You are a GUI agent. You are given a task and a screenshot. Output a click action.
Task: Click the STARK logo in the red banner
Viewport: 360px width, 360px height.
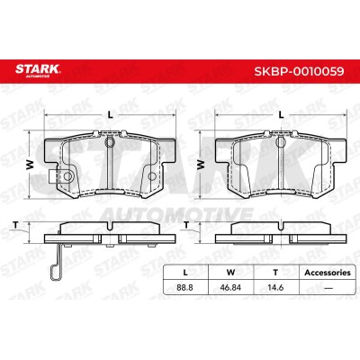pyautogui.click(x=38, y=71)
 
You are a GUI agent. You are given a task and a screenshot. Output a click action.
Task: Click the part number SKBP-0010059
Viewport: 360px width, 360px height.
pyautogui.click(x=299, y=71)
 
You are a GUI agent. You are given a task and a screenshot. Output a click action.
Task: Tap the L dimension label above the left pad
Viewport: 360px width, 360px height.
pyautogui.click(x=111, y=114)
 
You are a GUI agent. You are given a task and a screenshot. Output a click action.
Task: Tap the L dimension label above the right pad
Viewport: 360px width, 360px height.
pyautogui.click(x=281, y=114)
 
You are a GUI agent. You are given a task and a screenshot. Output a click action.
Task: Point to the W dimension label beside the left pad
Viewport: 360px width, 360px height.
pyautogui.click(x=30, y=165)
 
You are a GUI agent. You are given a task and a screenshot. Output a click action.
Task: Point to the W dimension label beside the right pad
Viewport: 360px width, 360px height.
pyautogui.click(x=201, y=165)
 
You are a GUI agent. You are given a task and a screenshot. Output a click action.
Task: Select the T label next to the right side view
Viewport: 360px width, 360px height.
pyautogui.click(x=186, y=225)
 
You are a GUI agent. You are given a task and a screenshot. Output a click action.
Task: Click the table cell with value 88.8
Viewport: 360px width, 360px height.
pyautogui.click(x=184, y=288)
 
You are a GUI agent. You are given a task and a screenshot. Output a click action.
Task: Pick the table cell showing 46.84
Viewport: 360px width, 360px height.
pyautogui.click(x=230, y=288)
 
